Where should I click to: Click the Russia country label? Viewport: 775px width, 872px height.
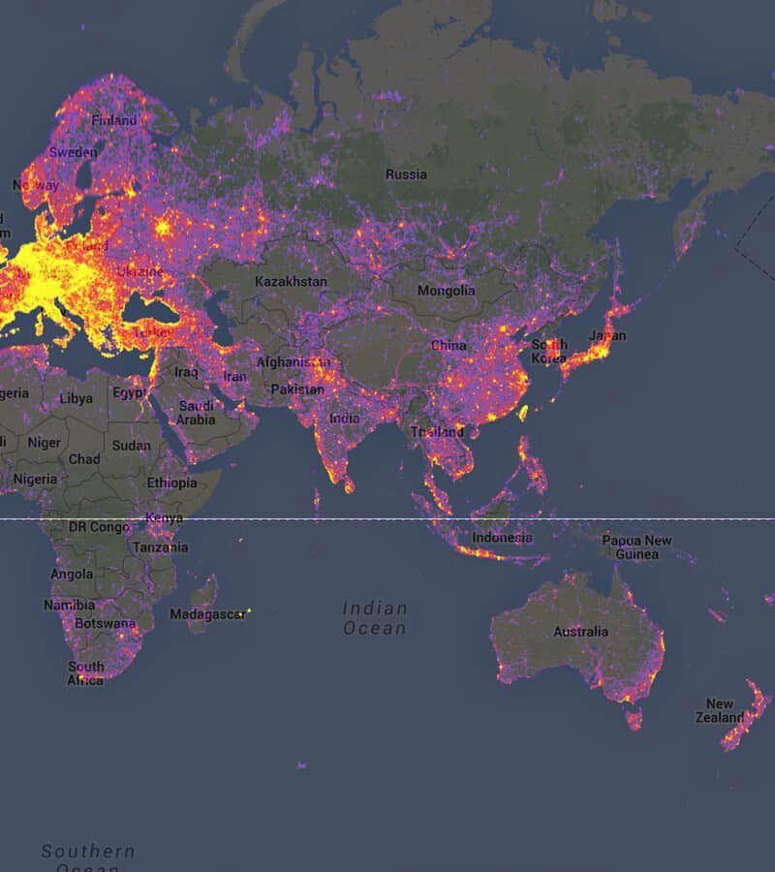point(406,174)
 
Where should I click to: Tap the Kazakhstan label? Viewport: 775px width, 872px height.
point(291,281)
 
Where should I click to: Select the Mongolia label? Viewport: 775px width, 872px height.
point(446,291)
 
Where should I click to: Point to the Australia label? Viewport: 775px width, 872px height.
point(581,632)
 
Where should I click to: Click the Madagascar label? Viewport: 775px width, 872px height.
point(207,614)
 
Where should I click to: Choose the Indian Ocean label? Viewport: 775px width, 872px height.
point(375,618)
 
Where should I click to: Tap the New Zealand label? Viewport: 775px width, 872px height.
point(720,711)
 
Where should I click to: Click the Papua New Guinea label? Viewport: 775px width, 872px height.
point(636,547)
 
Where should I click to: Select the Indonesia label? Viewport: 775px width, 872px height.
point(502,538)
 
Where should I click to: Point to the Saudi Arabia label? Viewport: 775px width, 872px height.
point(196,413)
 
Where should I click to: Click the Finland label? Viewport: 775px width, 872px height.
point(114,121)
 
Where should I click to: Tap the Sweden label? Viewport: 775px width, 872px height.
point(74,152)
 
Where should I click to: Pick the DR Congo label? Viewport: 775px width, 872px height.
point(99,527)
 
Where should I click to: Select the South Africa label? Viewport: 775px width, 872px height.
point(85,673)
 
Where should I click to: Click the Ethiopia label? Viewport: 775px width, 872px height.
point(171,483)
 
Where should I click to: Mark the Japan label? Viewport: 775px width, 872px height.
point(606,336)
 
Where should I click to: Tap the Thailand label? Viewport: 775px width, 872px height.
point(437,432)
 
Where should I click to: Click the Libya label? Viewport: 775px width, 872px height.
point(77,398)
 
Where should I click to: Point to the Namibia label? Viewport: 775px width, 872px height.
point(69,606)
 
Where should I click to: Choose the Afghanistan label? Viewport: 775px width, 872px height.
point(294,362)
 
